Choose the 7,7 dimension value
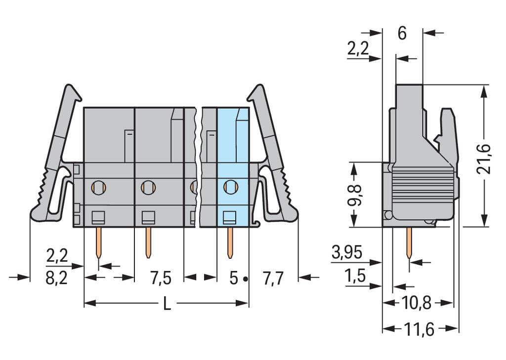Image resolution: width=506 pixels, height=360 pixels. pos(273,279)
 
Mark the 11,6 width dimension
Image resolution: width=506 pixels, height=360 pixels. pos(421,329)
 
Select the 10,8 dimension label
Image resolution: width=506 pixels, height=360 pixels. pos(418,303)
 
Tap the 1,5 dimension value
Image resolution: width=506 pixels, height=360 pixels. pos(356,277)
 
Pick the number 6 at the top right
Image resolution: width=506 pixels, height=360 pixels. pos(402,33)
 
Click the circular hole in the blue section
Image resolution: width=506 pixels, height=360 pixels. pos(229,187)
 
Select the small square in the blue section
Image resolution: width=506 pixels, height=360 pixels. pos(229,216)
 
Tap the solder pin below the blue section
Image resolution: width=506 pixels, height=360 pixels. pos(230,242)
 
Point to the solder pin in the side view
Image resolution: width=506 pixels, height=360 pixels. pos(409,242)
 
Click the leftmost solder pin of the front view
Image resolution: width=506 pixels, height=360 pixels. pos(99,242)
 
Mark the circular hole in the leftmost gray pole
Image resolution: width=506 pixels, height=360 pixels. pos(99,187)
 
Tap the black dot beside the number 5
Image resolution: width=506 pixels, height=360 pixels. pos(245,279)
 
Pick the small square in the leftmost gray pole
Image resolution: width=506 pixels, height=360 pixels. pos(99,216)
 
